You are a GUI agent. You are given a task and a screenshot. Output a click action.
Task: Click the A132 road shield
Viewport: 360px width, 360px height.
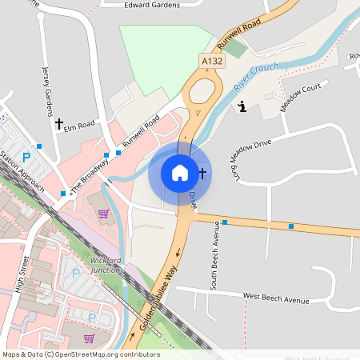pyautogui.click(x=211, y=61)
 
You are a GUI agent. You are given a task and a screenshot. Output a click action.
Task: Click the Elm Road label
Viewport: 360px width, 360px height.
pyautogui.click(x=80, y=125)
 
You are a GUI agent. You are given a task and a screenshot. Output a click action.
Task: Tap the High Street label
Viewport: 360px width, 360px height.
pyautogui.click(x=21, y=274)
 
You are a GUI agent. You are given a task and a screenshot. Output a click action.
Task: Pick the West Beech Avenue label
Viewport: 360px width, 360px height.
pyautogui.click(x=275, y=300)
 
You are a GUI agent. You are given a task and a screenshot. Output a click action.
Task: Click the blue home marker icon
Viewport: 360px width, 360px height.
pyautogui.click(x=179, y=172)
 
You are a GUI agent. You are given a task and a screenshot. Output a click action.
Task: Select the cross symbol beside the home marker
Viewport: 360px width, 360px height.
pyautogui.click(x=202, y=172)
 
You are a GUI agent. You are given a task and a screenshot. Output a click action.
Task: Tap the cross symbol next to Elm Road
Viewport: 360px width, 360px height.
pyautogui.click(x=58, y=123)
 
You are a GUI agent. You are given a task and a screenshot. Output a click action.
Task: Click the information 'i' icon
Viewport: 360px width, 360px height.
pyautogui.click(x=242, y=106)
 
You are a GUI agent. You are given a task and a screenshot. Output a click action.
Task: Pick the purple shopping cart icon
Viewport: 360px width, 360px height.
pyautogui.click(x=103, y=213)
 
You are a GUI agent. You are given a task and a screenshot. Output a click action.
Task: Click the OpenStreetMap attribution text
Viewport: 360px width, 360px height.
pyautogui.click(x=81, y=354)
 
